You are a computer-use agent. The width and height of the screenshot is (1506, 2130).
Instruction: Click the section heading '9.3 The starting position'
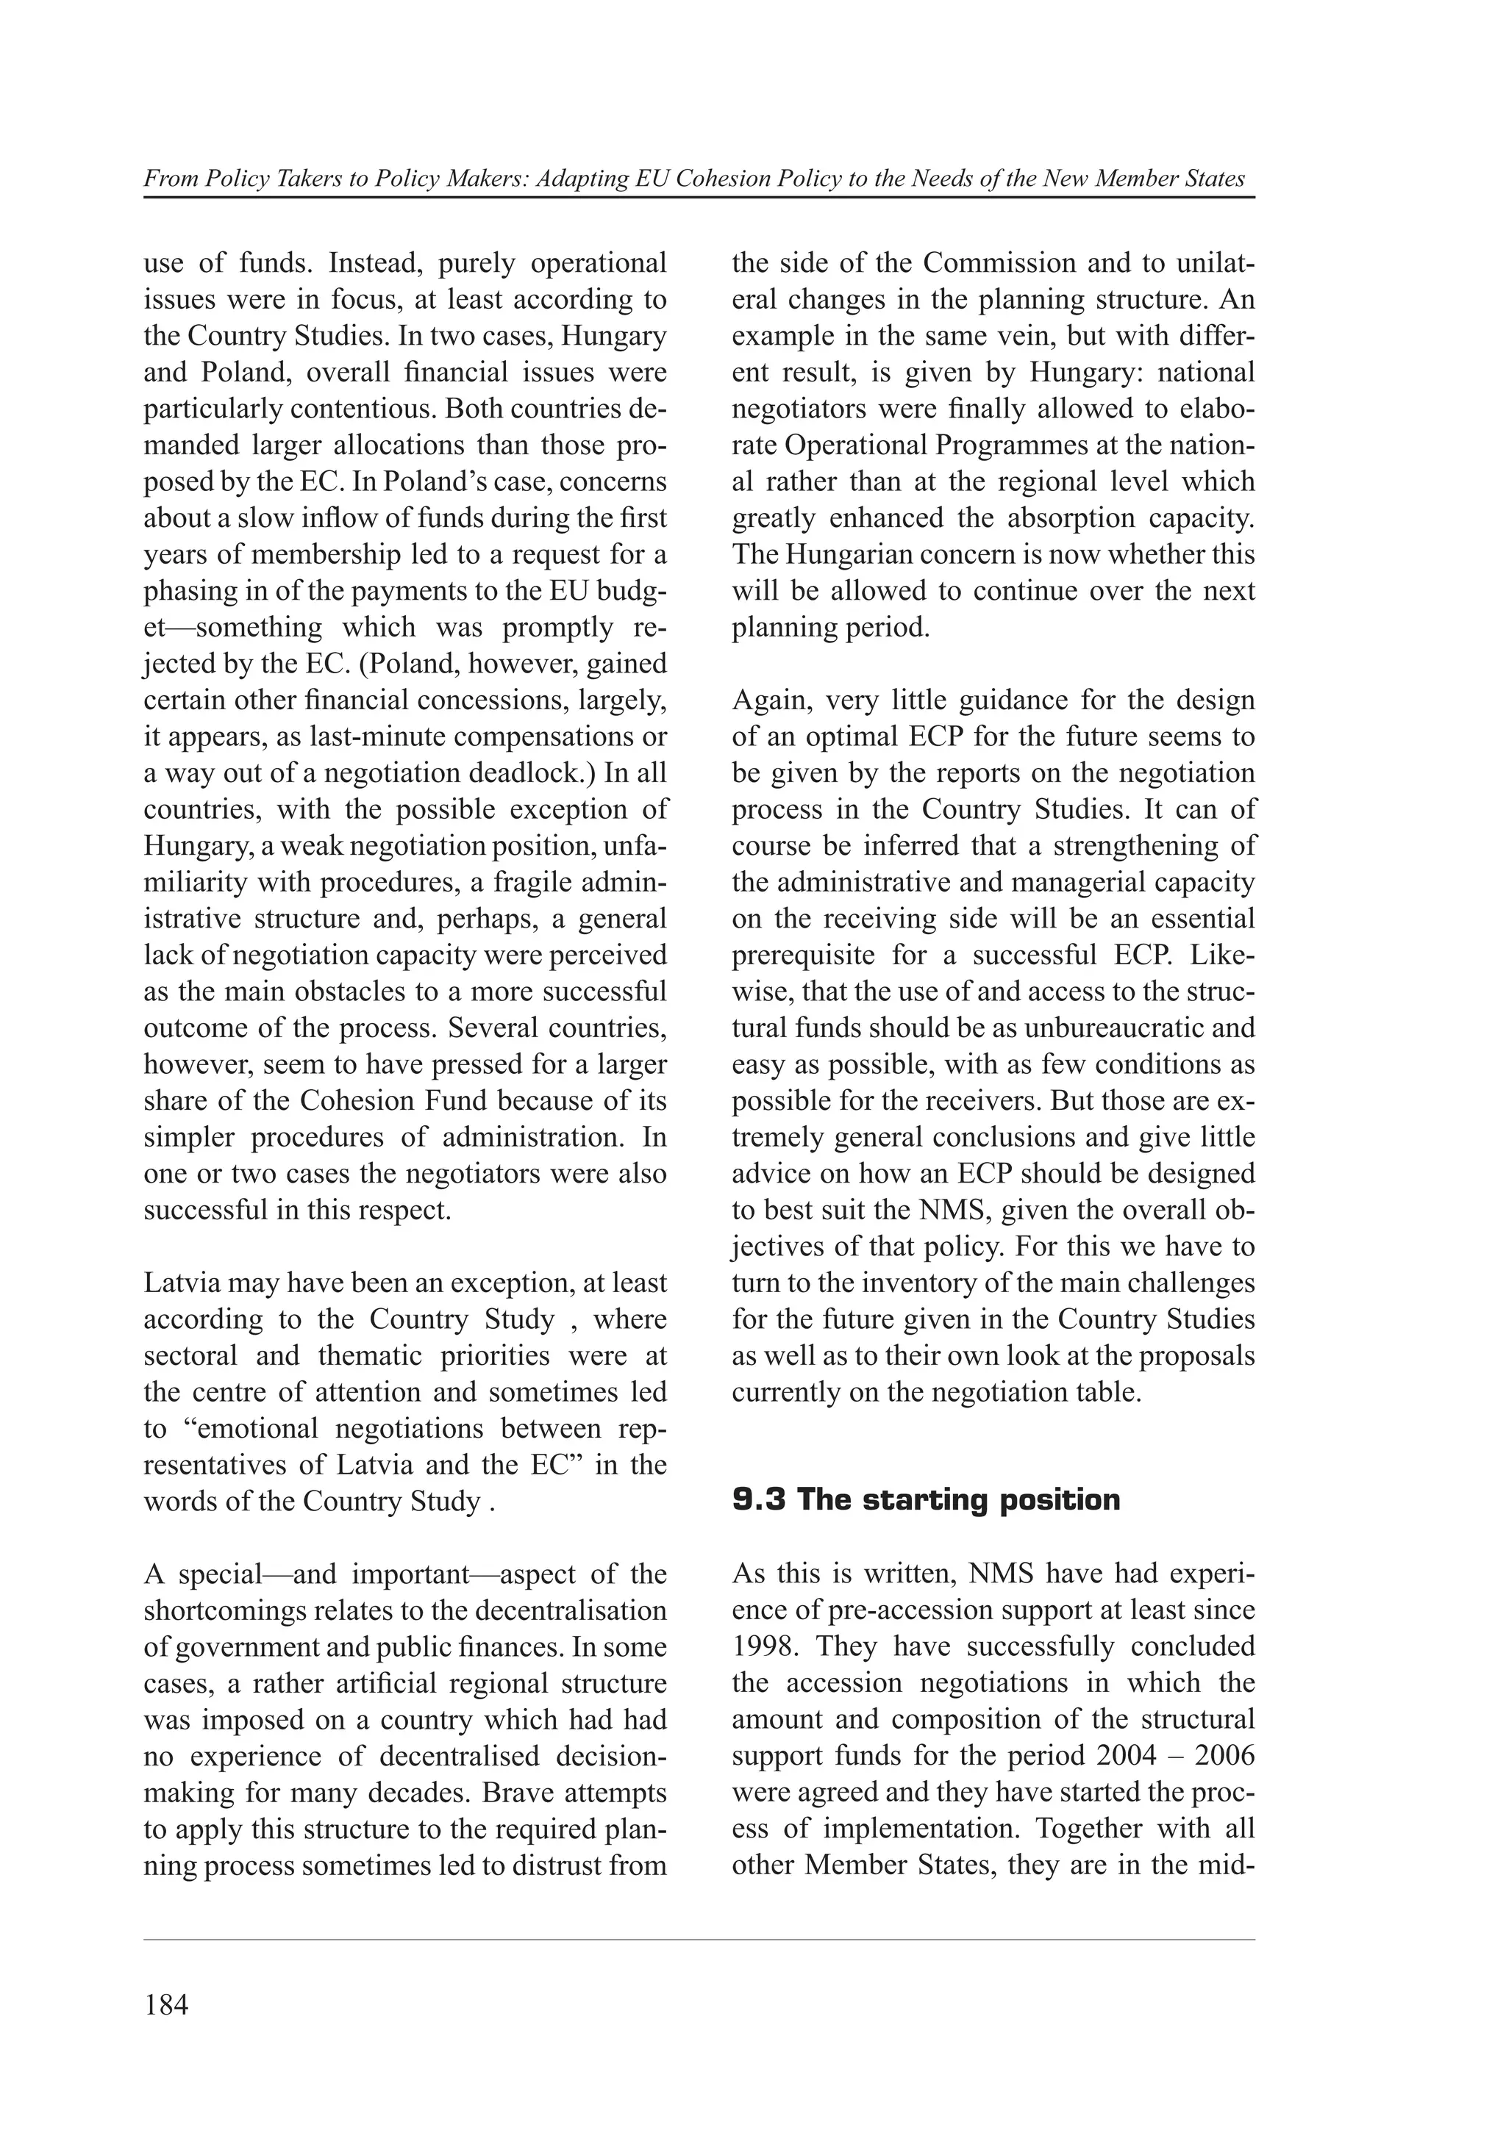click(x=926, y=1499)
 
